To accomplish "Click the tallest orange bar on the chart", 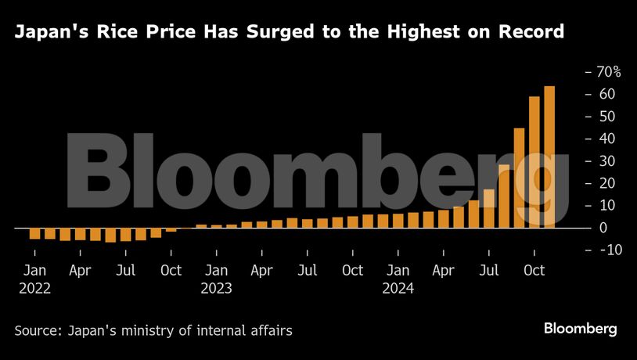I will click(549, 157).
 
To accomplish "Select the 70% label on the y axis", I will click(607, 72).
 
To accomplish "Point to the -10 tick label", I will click(608, 250).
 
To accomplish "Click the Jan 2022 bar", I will click(34, 233).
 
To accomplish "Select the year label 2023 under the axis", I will click(217, 288).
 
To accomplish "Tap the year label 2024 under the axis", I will click(398, 288).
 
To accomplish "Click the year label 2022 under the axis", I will click(34, 288).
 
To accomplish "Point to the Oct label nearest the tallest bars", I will click(534, 271).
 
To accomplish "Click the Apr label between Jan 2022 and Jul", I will click(80, 271).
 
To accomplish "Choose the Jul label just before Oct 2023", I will click(308, 271).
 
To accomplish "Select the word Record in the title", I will click(533, 32).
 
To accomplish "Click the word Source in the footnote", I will click(35, 330).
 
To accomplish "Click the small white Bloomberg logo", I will click(581, 329).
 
